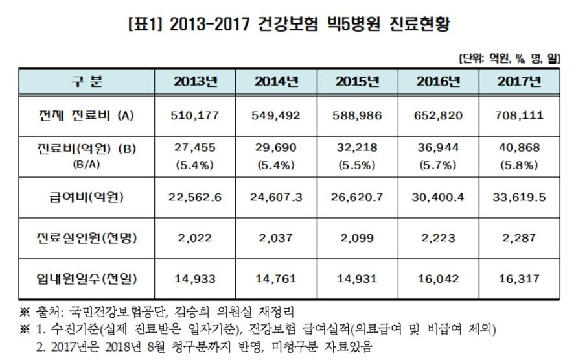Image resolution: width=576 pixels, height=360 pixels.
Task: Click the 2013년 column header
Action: point(195,82)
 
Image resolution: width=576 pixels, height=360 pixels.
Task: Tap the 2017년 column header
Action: point(519,82)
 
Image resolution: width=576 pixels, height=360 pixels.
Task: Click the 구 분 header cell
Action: point(86,82)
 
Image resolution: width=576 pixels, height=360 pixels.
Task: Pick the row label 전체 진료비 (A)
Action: point(86,115)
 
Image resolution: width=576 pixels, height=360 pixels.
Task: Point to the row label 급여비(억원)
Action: point(86,197)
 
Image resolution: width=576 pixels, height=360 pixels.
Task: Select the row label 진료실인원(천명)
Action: point(86,238)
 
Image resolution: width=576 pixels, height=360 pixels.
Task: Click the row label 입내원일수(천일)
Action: point(86,278)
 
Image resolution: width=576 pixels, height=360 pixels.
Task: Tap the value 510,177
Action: point(195,115)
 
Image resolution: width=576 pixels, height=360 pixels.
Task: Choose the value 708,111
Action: point(519,115)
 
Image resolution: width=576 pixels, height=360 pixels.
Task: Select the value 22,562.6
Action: point(195,197)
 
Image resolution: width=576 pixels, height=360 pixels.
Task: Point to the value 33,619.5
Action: point(519,197)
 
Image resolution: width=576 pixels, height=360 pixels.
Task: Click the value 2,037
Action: point(277,238)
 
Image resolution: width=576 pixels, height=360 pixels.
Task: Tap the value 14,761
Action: point(277,278)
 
